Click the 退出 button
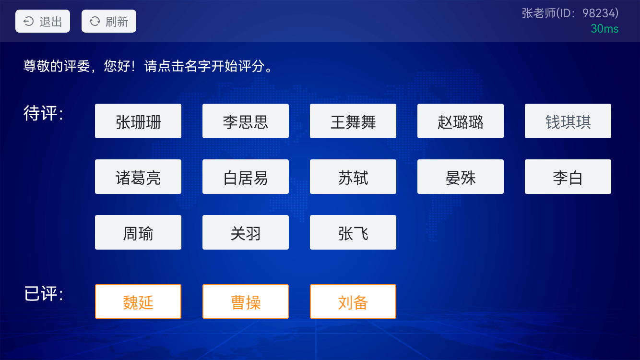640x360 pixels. tap(43, 21)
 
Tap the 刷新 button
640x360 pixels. tap(109, 21)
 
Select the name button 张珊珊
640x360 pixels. tap(138, 121)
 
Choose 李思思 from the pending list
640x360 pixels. tap(246, 121)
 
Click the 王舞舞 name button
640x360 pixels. tap(353, 121)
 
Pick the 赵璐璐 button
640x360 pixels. tap(461, 121)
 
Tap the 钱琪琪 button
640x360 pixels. tap(568, 121)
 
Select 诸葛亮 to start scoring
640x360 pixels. tap(138, 177)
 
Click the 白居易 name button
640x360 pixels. tap(246, 177)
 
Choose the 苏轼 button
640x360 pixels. tap(353, 177)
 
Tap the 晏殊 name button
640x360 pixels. tap(461, 177)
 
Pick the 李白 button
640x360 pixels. tap(568, 177)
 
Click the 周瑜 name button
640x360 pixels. tap(138, 232)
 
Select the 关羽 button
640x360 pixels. tap(246, 232)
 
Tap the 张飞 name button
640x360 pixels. tap(353, 232)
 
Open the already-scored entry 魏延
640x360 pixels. tap(138, 301)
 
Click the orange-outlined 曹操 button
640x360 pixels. tap(246, 301)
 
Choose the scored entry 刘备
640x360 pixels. tap(353, 301)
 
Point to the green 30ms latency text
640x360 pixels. tap(604, 29)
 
